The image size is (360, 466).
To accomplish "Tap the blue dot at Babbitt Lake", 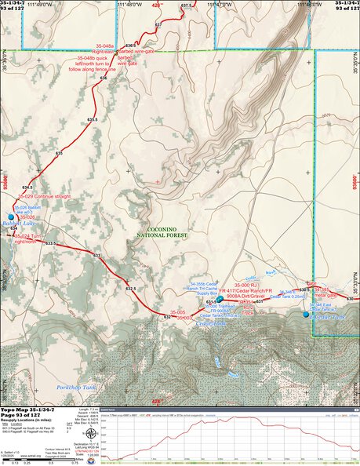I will pyautogui.click(x=11, y=217).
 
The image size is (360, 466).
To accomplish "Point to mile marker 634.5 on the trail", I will pyautogui.click(x=28, y=188).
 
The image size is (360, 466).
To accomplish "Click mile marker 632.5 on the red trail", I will pyautogui.click(x=131, y=289).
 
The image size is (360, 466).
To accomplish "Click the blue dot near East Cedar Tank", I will pyautogui.click(x=306, y=314).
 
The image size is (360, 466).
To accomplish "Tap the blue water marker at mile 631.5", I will pyautogui.click(x=220, y=299).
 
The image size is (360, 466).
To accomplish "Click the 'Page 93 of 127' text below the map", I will pyautogui.click(x=25, y=416).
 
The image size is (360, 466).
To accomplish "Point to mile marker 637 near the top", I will pyautogui.click(x=158, y=26).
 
